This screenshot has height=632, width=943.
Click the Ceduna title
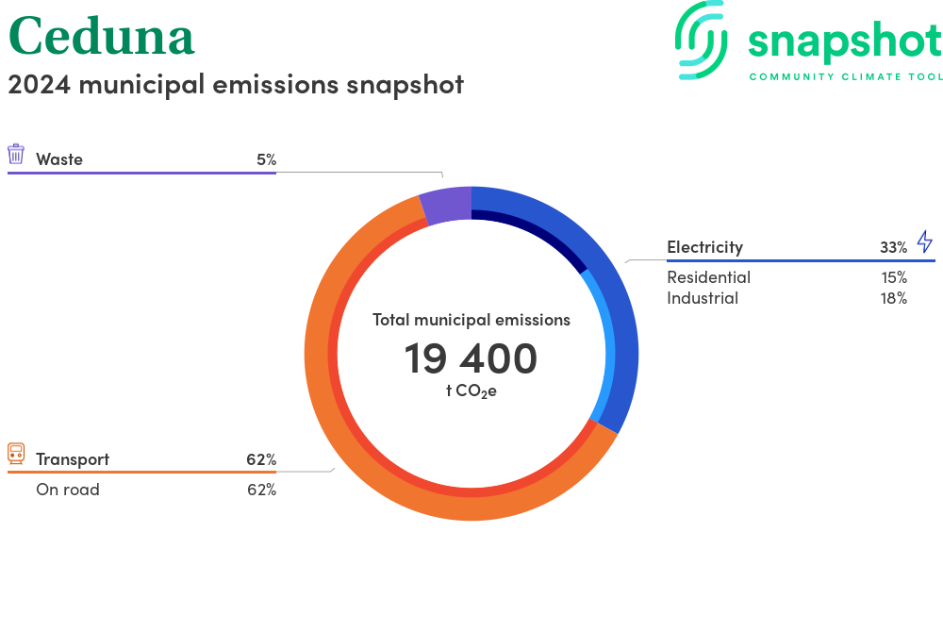click(x=101, y=36)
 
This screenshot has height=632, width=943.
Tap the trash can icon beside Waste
click(x=16, y=154)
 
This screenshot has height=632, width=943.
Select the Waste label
click(x=58, y=159)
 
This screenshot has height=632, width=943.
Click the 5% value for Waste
click(x=267, y=159)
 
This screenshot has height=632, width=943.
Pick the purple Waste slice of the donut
click(x=446, y=206)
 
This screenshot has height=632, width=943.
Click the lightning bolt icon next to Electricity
click(x=925, y=241)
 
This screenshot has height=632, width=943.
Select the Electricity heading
click(x=704, y=247)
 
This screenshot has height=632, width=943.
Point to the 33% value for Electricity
click(x=894, y=247)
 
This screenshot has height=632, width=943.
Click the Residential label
click(x=708, y=277)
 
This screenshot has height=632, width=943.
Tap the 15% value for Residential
click(x=894, y=277)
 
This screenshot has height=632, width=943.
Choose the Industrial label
click(x=703, y=298)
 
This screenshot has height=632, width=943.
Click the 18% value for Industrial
click(x=894, y=298)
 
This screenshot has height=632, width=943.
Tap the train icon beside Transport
click(x=16, y=454)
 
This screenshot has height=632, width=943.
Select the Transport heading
click(x=73, y=459)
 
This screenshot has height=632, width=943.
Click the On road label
click(x=68, y=490)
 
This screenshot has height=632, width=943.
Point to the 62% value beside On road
click(x=261, y=490)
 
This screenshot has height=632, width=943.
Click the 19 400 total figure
click(x=471, y=358)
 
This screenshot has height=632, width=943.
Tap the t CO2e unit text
click(x=471, y=391)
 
